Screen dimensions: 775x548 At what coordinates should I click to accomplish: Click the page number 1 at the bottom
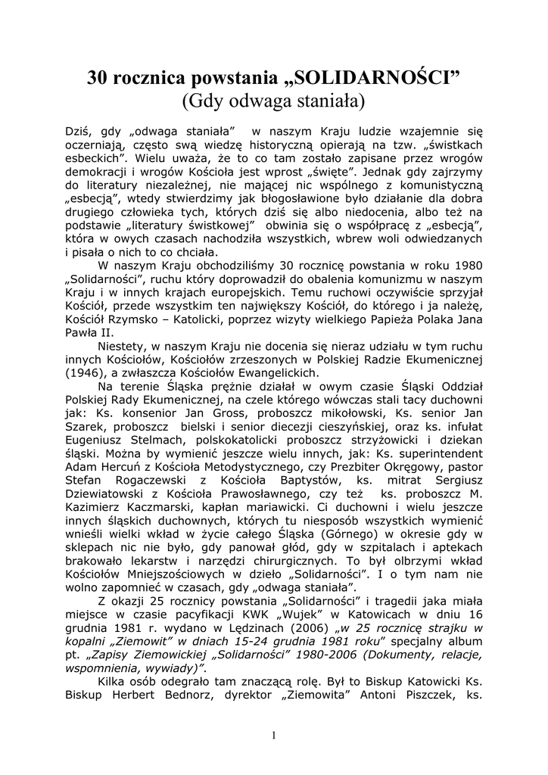click(x=274, y=736)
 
